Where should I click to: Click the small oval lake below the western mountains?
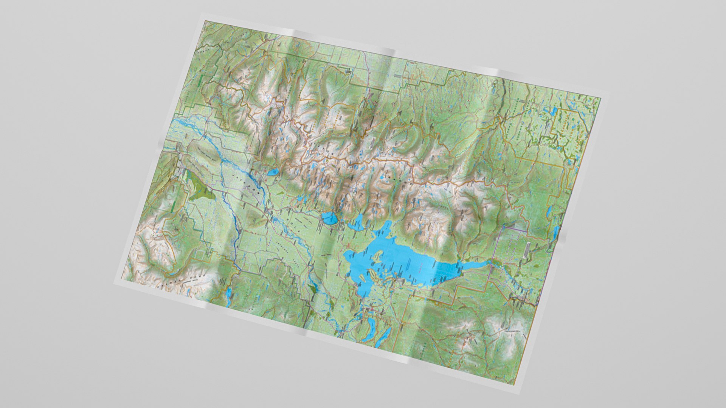[x=273, y=173]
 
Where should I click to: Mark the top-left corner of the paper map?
[x=205, y=20]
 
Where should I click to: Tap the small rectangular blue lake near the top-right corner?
[x=554, y=111]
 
